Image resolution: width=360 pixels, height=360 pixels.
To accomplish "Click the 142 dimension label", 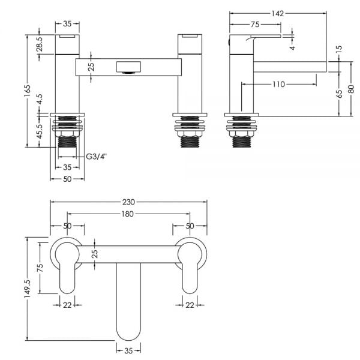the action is coord(278,14).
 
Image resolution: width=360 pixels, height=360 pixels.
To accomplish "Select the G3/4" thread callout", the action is coord(97,157).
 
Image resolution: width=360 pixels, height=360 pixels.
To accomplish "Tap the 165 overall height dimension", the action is coord(28,91).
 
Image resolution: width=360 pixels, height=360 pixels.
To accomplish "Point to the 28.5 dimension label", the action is coord(40,44).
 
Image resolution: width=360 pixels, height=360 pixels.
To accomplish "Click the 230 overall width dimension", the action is coord(128,202).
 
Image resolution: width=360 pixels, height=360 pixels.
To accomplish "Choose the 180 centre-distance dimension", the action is coord(127,214).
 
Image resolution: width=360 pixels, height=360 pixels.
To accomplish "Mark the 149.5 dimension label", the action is coord(28,289).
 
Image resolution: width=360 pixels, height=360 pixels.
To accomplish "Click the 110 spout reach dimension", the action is coord(279,84).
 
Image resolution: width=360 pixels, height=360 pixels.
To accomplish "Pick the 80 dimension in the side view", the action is coord(351,89).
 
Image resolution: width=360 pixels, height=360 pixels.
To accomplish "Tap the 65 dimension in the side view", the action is coord(340,94).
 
